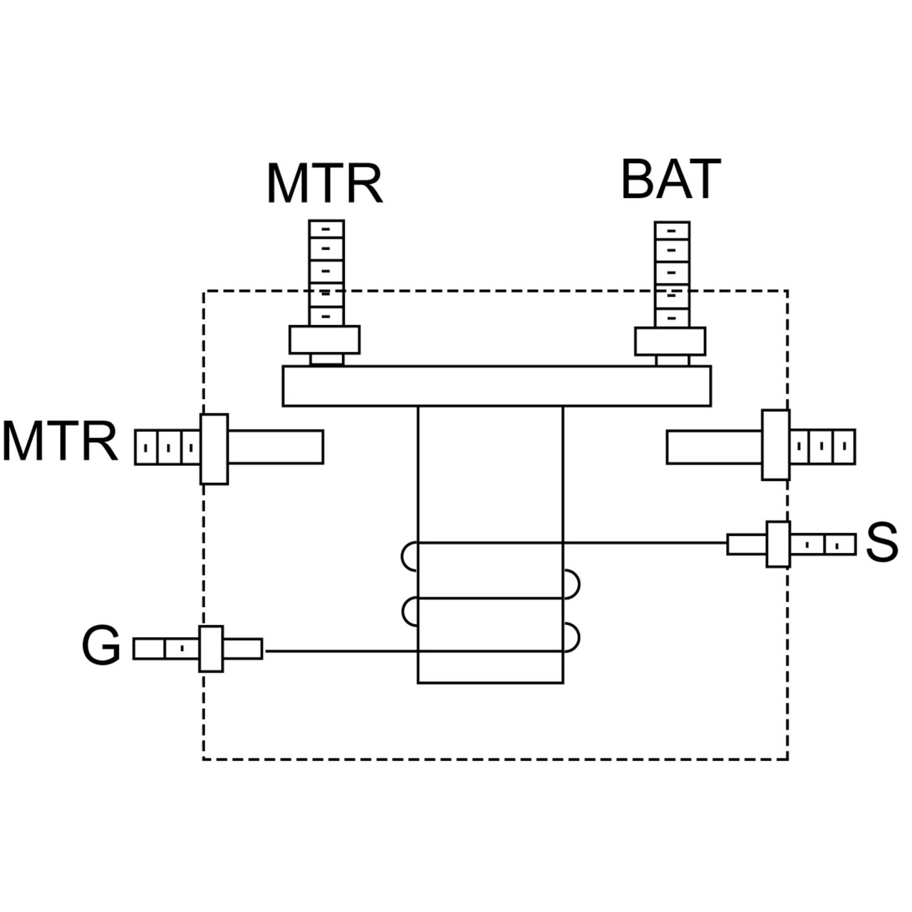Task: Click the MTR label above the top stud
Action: click(x=325, y=184)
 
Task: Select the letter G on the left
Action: click(x=101, y=647)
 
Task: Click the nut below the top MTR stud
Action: click(x=324, y=340)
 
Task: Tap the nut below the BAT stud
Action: click(x=670, y=341)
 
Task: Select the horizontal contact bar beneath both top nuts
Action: click(x=497, y=386)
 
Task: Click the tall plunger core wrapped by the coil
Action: click(x=490, y=484)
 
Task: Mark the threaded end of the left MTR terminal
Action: click(x=167, y=448)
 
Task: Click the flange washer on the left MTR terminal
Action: click(x=214, y=449)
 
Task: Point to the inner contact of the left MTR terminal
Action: click(x=275, y=447)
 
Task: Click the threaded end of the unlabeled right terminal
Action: click(x=822, y=446)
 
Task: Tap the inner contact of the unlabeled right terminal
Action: click(x=714, y=447)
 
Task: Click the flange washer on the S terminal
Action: click(x=778, y=544)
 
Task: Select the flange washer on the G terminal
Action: click(x=211, y=648)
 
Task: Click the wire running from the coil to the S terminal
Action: click(x=645, y=543)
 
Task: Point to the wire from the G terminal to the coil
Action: click(x=335, y=651)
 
